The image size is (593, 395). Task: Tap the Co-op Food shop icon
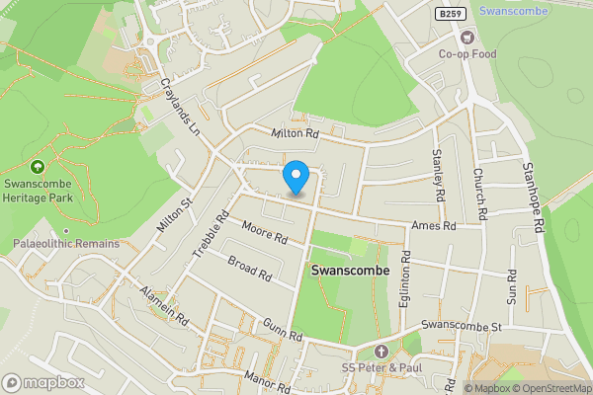point(469,38)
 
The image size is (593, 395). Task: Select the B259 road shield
point(449,12)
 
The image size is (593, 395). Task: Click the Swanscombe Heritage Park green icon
point(38,168)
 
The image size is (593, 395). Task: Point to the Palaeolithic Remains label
point(66,244)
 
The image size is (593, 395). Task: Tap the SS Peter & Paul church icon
point(382,352)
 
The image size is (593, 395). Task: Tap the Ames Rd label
point(435,226)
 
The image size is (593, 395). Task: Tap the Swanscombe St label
point(463,326)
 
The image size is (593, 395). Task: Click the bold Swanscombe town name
point(350,270)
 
